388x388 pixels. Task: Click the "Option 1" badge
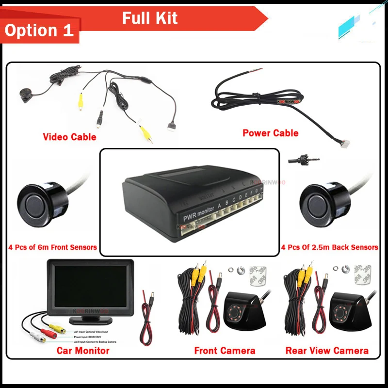point(39,30)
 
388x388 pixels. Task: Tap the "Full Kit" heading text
point(149,18)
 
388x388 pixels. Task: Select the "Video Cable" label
point(69,137)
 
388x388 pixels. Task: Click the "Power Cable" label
point(270,133)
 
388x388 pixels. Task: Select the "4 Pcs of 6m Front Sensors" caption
point(52,247)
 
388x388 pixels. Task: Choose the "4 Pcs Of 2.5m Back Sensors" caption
point(330,247)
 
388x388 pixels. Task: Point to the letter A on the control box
point(220,206)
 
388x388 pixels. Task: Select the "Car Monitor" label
point(83,350)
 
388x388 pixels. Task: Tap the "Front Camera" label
point(225,350)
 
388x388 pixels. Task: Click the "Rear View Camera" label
point(327,350)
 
